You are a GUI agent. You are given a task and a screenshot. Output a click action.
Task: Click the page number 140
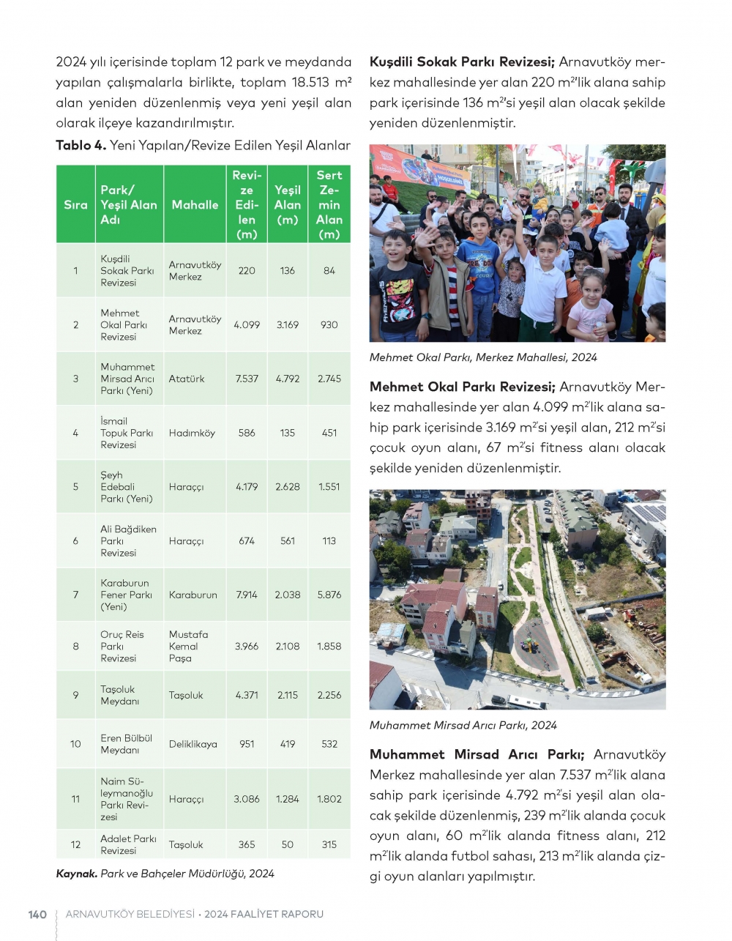37,914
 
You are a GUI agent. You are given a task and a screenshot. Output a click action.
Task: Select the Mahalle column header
195,205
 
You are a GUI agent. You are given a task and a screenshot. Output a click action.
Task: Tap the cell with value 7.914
247,595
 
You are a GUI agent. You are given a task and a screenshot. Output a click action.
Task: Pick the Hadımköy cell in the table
192,433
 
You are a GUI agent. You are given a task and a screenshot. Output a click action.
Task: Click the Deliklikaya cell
193,744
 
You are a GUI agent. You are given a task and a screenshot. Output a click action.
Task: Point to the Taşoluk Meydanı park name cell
119,695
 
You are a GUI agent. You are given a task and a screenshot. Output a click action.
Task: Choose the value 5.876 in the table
329,595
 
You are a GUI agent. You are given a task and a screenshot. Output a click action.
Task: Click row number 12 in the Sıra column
75,844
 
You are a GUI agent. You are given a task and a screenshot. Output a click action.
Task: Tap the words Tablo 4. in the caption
81,145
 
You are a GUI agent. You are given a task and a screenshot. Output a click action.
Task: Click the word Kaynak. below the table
77,873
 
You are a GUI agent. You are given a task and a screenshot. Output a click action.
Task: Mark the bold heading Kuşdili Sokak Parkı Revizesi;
463,62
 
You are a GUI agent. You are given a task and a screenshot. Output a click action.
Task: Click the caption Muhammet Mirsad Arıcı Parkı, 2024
463,725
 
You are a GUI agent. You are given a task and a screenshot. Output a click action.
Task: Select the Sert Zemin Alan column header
329,205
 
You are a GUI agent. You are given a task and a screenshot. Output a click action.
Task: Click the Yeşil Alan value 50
288,844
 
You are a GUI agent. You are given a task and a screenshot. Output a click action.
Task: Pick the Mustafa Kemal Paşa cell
188,646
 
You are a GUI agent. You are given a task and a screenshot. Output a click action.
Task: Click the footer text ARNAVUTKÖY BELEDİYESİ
130,914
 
